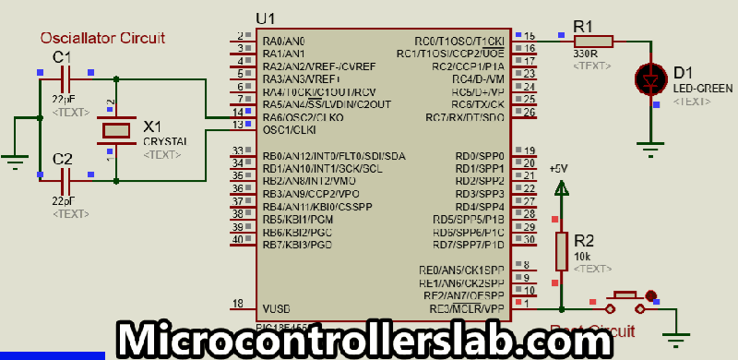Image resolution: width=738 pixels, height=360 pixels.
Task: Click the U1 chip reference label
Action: tap(266, 18)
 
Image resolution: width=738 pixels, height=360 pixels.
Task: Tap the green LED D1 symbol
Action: tap(654, 80)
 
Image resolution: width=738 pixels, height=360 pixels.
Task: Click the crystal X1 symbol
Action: tap(117, 130)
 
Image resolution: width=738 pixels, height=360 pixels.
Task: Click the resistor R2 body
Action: tap(561, 249)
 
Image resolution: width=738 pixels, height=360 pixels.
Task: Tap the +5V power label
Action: tap(559, 169)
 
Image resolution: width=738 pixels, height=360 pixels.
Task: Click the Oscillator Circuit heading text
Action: tap(102, 38)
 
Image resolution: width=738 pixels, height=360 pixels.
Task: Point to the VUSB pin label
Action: tap(278, 308)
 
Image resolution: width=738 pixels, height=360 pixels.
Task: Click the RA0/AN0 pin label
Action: tap(283, 42)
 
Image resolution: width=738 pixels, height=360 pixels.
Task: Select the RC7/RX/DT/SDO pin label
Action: tap(464, 118)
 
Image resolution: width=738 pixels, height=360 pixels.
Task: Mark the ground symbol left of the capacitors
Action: tap(15, 162)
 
